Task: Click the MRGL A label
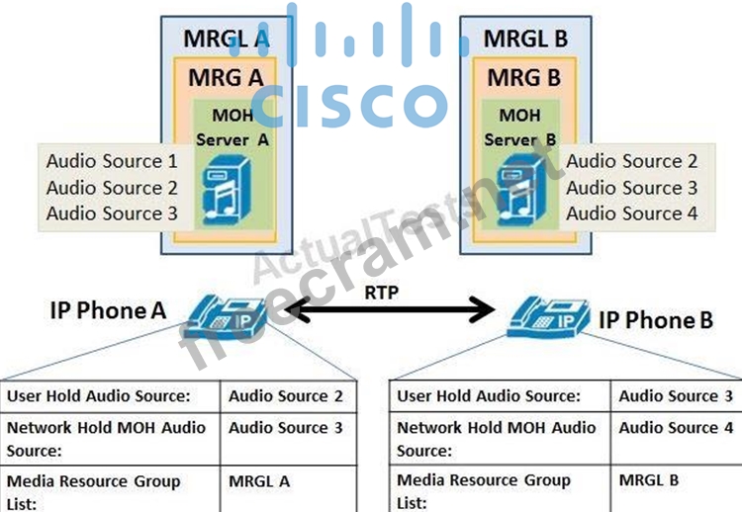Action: pos(227,39)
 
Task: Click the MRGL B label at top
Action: pos(525,39)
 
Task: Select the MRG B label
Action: pos(525,76)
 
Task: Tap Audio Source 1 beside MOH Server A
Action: pos(112,161)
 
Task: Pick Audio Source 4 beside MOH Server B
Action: pos(631,213)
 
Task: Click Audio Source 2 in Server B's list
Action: pos(631,161)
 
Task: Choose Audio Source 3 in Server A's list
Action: pos(112,213)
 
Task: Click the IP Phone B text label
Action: pos(656,320)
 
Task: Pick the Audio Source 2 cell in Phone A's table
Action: pos(286,396)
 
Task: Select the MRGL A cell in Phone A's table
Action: pos(259,481)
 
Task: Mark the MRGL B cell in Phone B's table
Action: pos(649,481)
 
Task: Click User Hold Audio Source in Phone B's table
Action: pos(489,396)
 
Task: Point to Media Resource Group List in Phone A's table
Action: pos(94,491)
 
